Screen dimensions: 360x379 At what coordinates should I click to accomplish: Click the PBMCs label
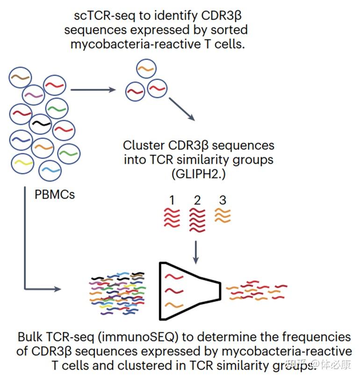[x=55, y=194]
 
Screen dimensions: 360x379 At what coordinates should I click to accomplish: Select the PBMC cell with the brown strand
[x=20, y=77]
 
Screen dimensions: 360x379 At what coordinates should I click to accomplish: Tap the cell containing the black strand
[x=40, y=124]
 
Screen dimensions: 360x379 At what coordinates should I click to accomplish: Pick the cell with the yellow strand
[x=22, y=163]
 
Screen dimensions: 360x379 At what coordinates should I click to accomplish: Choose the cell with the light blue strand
[x=50, y=171]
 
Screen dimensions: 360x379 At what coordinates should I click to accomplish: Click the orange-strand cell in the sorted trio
[x=146, y=69]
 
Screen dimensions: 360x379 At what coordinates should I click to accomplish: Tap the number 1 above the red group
[x=172, y=200]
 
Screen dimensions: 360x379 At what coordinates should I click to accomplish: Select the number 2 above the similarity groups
[x=197, y=200]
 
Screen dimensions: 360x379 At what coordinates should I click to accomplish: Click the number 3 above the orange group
[x=223, y=200]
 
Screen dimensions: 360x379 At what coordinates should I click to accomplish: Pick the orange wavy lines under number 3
[x=223, y=215]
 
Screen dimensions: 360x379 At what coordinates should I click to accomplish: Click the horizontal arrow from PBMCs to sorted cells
[x=93, y=90]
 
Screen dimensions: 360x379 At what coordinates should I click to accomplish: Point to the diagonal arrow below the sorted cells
[x=182, y=109]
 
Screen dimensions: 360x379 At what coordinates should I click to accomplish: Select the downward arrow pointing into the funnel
[x=196, y=252]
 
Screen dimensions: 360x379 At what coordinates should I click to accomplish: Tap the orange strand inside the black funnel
[x=174, y=305]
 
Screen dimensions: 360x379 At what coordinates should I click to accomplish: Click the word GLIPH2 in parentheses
[x=197, y=174]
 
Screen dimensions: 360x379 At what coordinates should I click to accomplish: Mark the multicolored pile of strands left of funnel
[x=118, y=293]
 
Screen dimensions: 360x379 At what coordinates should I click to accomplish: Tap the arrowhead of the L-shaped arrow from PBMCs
[x=58, y=289]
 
